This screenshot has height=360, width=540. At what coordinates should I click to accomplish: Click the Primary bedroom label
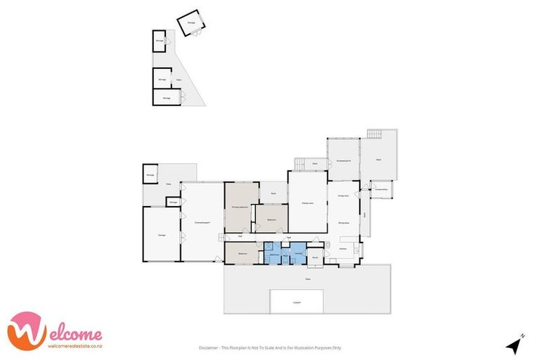(240, 207)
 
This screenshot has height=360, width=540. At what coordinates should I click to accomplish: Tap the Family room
(307, 202)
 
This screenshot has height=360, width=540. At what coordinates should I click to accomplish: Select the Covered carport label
(202, 223)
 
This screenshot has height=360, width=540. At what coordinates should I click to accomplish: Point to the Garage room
(161, 235)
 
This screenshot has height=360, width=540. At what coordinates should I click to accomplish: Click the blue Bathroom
(276, 254)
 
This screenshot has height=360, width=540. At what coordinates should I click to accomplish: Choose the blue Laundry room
(297, 253)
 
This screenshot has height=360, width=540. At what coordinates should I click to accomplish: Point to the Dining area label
(344, 223)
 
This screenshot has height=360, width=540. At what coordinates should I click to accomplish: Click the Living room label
(343, 196)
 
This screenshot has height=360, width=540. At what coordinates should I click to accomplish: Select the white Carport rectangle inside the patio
(297, 302)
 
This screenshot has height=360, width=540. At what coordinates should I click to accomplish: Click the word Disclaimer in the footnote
(208, 347)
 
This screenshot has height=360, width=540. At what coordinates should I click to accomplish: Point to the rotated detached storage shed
(191, 25)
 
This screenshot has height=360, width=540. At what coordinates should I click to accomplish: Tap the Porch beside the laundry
(315, 257)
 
